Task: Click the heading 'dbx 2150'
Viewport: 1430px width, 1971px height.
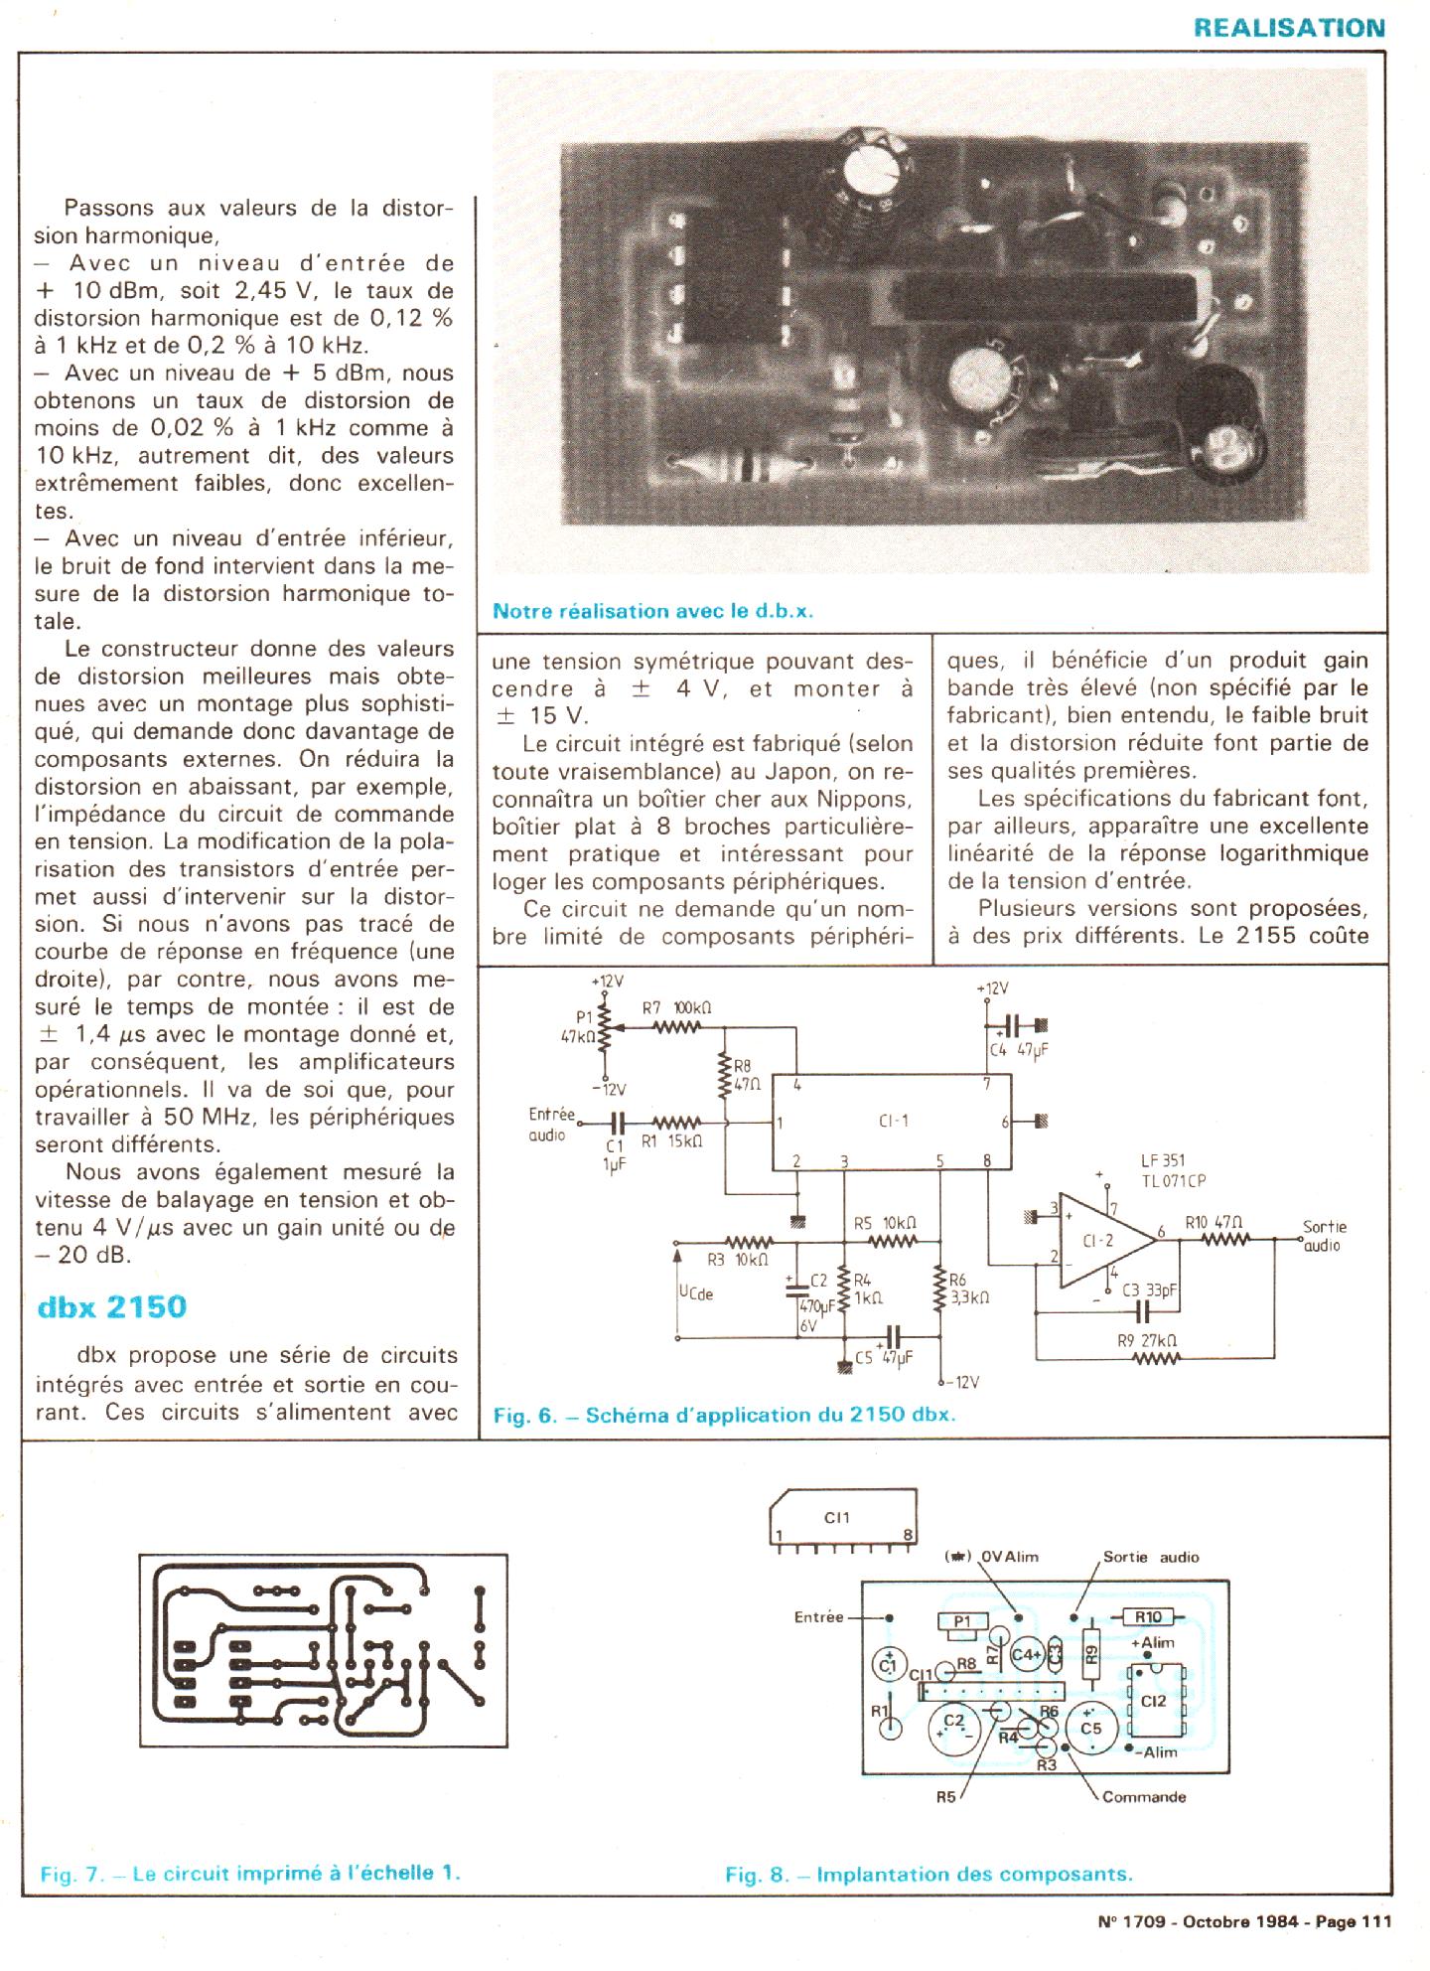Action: pyautogui.click(x=111, y=1306)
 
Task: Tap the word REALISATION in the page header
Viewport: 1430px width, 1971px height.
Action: pyautogui.click(x=1289, y=28)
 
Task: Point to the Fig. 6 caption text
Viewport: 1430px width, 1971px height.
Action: pyautogui.click(x=724, y=1415)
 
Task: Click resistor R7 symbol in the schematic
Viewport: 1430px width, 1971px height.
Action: pyautogui.click(x=678, y=1028)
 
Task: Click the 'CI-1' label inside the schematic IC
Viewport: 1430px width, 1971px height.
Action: pyautogui.click(x=893, y=1122)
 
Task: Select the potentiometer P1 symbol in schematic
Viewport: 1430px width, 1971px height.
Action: pyautogui.click(x=605, y=1032)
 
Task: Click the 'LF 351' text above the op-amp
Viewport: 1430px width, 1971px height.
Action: pyautogui.click(x=1163, y=1161)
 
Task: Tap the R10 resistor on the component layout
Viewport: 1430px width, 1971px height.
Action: pyautogui.click(x=1149, y=1617)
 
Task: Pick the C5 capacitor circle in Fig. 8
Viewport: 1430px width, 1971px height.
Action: pyautogui.click(x=1090, y=1728)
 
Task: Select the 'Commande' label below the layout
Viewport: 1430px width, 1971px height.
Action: pyautogui.click(x=1144, y=1797)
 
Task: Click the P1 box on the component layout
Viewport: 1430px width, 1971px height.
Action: pyautogui.click(x=961, y=1622)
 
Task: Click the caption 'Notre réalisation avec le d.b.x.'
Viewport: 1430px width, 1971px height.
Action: pyautogui.click(x=652, y=612)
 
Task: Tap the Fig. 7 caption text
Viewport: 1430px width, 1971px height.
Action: pyautogui.click(x=250, y=1874)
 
